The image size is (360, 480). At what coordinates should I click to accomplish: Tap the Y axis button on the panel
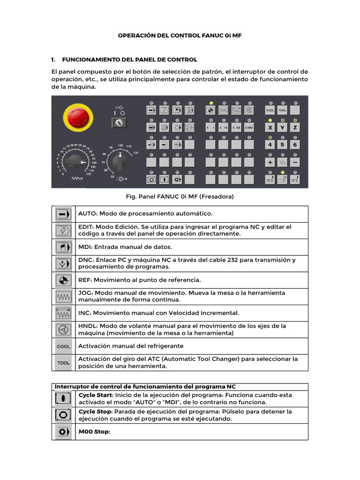(282, 127)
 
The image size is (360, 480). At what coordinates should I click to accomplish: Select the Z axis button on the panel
(295, 127)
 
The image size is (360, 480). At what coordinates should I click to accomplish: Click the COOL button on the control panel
(270, 111)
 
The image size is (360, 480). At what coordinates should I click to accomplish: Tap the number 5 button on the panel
(282, 145)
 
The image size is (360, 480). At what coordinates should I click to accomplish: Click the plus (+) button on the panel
(270, 162)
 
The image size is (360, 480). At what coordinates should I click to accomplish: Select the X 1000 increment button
(249, 127)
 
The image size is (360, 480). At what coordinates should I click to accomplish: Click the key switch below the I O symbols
(119, 123)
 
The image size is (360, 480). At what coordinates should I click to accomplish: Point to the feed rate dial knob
(75, 162)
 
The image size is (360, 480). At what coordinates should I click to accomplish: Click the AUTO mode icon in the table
(62, 214)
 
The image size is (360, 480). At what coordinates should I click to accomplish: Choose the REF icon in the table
(62, 280)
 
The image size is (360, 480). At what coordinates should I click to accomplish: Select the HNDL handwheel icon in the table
(62, 330)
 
